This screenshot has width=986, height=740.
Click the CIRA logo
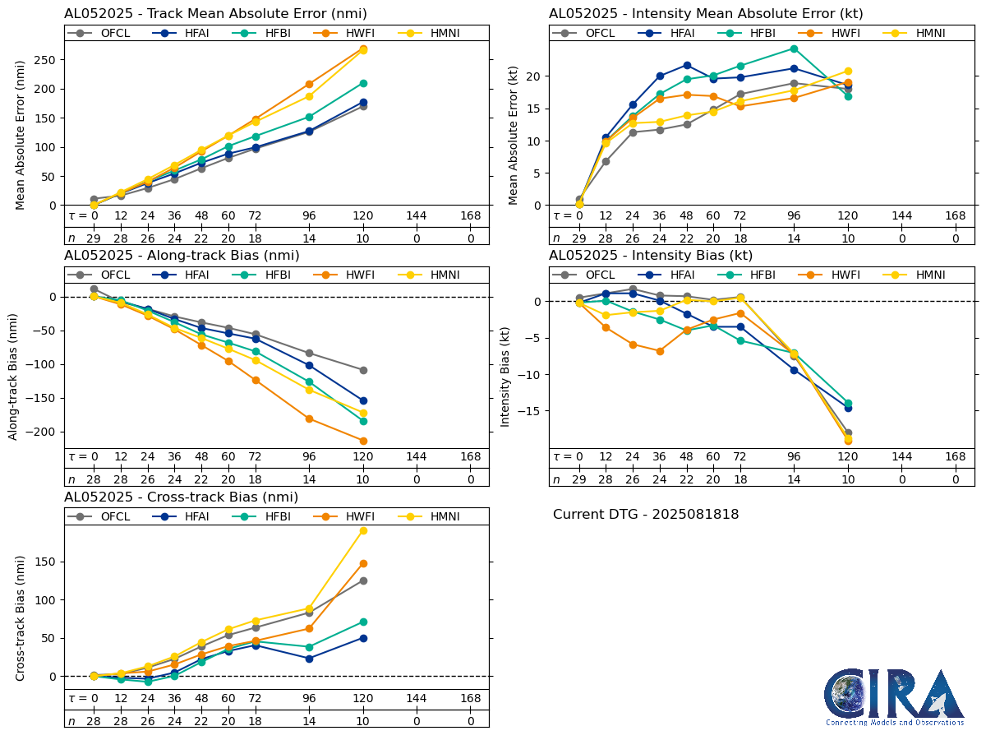894,696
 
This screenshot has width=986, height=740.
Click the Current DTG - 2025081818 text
646,515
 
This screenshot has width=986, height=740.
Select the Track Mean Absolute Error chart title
215,13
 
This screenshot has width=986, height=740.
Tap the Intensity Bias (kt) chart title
651,255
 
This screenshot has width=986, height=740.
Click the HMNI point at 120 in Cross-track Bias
363,530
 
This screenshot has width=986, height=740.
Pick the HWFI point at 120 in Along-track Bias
363,441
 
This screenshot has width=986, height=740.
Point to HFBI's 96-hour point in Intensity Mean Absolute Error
794,49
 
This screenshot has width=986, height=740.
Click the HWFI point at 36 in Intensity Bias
660,351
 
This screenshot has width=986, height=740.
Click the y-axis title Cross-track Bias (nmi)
20,617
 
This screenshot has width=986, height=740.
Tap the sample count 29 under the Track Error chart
94,238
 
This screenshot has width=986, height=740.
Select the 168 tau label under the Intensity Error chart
955,216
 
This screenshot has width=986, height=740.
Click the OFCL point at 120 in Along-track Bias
363,370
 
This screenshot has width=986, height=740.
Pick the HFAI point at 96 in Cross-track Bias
309,659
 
